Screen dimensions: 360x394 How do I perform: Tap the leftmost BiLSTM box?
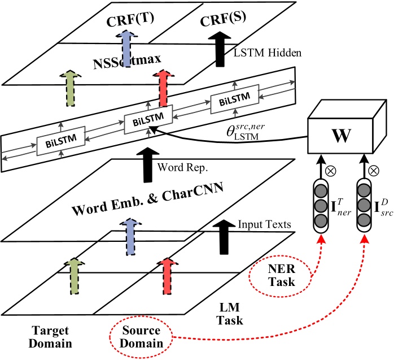60,138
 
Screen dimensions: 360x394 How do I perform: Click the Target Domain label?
39,337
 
